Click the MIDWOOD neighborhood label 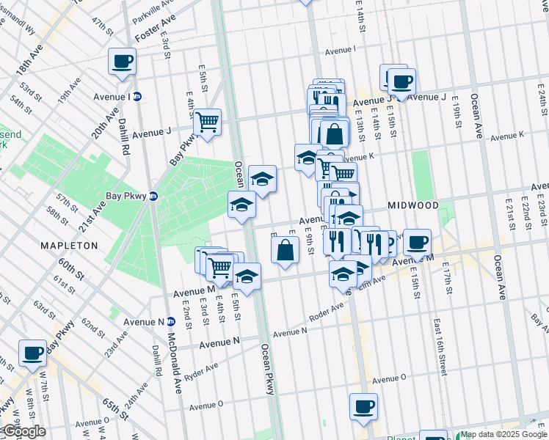tap(413, 206)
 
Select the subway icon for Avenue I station tap(137, 97)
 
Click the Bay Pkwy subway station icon tap(153, 196)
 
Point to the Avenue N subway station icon tap(171, 321)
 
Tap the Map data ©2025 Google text tap(504, 434)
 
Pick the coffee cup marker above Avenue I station tap(122, 61)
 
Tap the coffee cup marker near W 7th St tap(32, 353)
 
